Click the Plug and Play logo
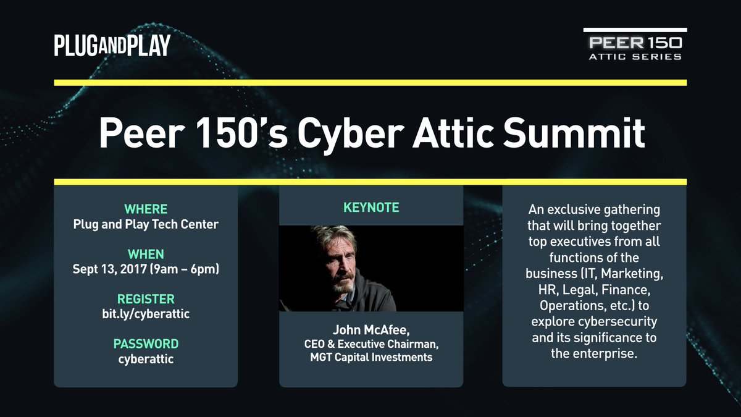point(112,45)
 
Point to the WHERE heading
point(146,209)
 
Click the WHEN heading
point(146,254)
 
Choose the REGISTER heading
point(146,299)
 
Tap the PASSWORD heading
point(146,343)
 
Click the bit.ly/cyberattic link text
point(146,314)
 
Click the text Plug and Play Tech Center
point(146,224)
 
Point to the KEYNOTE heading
point(371,208)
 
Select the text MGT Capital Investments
point(371,357)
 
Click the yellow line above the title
point(371,82)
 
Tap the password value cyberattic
point(146,358)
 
